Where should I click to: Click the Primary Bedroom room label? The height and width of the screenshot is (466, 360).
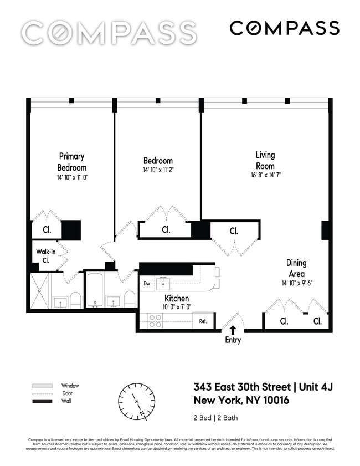click(x=72, y=162)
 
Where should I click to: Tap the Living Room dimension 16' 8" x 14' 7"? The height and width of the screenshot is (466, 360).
click(x=265, y=177)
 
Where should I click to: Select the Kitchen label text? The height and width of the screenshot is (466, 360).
click(x=177, y=299)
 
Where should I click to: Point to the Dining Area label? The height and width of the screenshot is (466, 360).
click(x=296, y=268)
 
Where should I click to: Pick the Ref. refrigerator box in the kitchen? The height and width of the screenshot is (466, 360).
click(x=203, y=321)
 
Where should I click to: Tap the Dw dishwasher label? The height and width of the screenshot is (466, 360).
click(x=147, y=284)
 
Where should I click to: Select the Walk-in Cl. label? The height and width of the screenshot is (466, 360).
click(x=46, y=255)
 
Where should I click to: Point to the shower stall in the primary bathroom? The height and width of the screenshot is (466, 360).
click(x=40, y=291)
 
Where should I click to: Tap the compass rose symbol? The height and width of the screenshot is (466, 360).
click(x=136, y=401)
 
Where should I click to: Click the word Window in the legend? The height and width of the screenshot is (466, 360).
click(x=70, y=386)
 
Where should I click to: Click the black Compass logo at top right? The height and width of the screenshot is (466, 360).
click(x=284, y=28)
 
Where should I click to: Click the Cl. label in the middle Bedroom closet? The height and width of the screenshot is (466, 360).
click(x=166, y=229)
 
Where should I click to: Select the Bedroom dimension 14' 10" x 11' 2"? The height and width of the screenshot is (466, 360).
click(x=158, y=170)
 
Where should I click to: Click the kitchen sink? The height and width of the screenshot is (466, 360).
click(x=163, y=284)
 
